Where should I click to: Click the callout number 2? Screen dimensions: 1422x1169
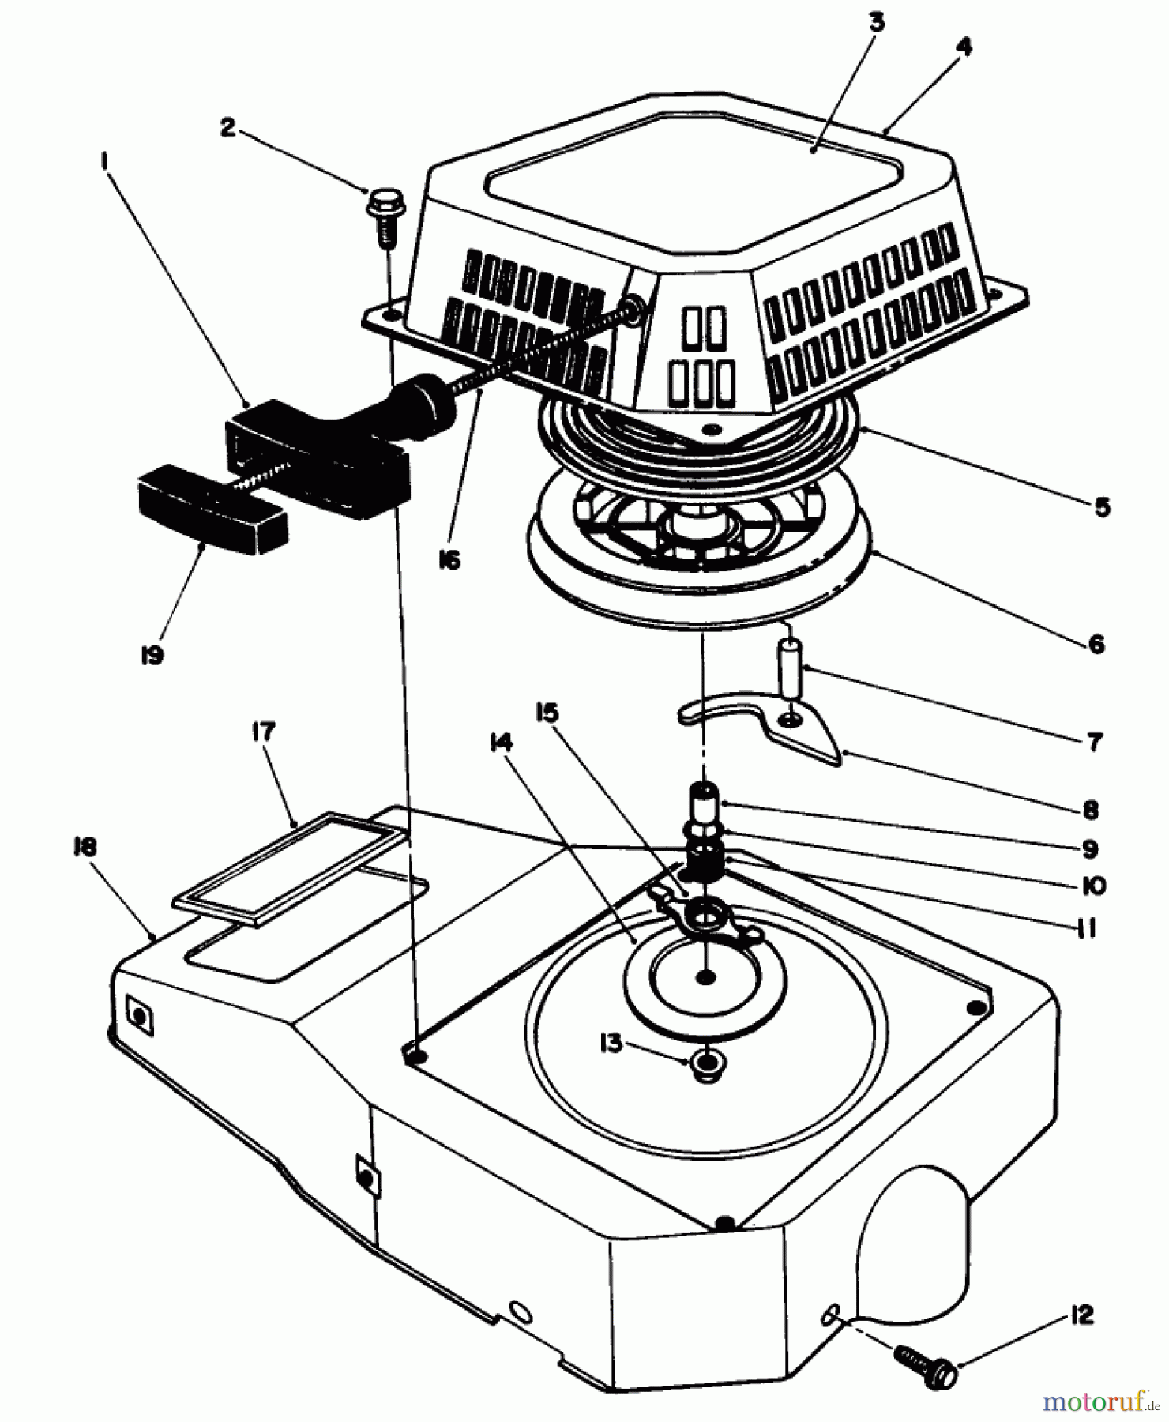[227, 128]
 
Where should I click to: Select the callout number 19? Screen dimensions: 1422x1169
[152, 655]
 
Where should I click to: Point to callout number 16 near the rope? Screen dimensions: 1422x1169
[449, 560]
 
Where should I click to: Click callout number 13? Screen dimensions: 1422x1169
[611, 1044]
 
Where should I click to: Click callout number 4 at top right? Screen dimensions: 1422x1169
[963, 47]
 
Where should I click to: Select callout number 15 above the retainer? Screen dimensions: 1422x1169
[546, 713]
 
